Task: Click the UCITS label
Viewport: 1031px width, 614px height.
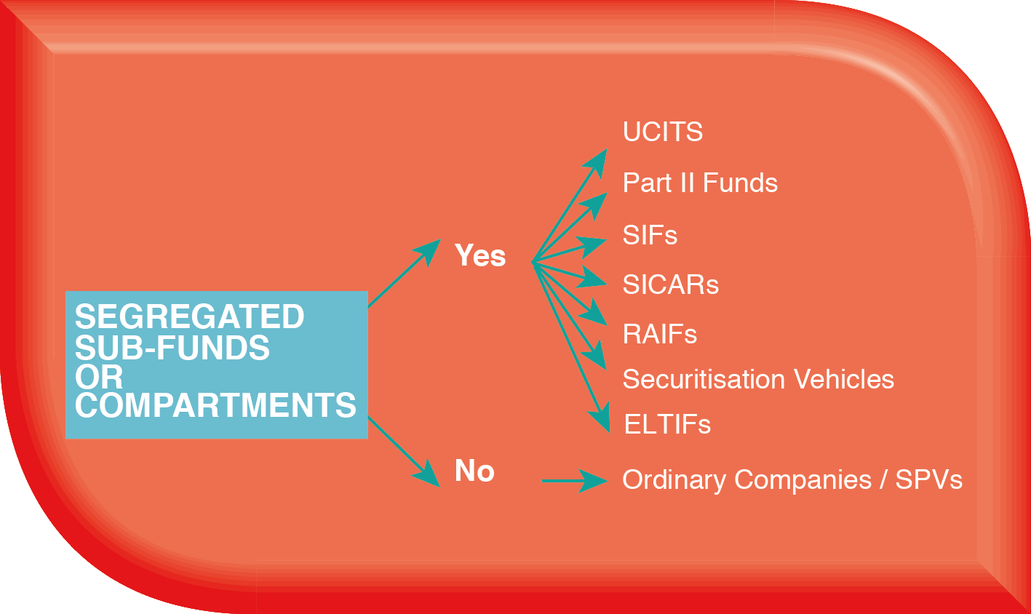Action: pyautogui.click(x=662, y=132)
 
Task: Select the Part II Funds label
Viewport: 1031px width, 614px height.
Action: pyautogui.click(x=700, y=183)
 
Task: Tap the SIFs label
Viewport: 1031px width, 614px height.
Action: pyautogui.click(x=650, y=235)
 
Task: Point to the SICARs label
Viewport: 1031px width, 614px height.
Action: pyautogui.click(x=671, y=284)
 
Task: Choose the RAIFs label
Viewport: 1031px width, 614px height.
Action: pyautogui.click(x=660, y=334)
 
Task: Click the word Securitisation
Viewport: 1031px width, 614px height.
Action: pyautogui.click(x=704, y=379)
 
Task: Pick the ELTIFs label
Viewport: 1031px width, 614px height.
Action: pyautogui.click(x=667, y=424)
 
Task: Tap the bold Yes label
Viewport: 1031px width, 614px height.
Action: pyautogui.click(x=480, y=255)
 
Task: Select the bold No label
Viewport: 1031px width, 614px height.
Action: pyautogui.click(x=474, y=471)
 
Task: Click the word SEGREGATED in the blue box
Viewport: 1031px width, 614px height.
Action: pyautogui.click(x=189, y=316)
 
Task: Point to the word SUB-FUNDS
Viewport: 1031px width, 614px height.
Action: pyautogui.click(x=172, y=348)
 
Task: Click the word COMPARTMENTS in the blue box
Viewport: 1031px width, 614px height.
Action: pyautogui.click(x=215, y=405)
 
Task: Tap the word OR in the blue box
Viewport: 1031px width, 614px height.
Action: pyautogui.click(x=99, y=378)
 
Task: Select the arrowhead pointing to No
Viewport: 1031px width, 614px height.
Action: pyautogui.click(x=426, y=473)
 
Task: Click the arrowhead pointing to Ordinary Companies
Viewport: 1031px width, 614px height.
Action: pyautogui.click(x=593, y=481)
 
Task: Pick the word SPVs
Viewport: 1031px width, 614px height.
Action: pyautogui.click(x=929, y=480)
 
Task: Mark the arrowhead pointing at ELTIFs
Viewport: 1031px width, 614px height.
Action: pyautogui.click(x=600, y=418)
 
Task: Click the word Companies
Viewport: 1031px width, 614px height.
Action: pyautogui.click(x=803, y=481)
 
